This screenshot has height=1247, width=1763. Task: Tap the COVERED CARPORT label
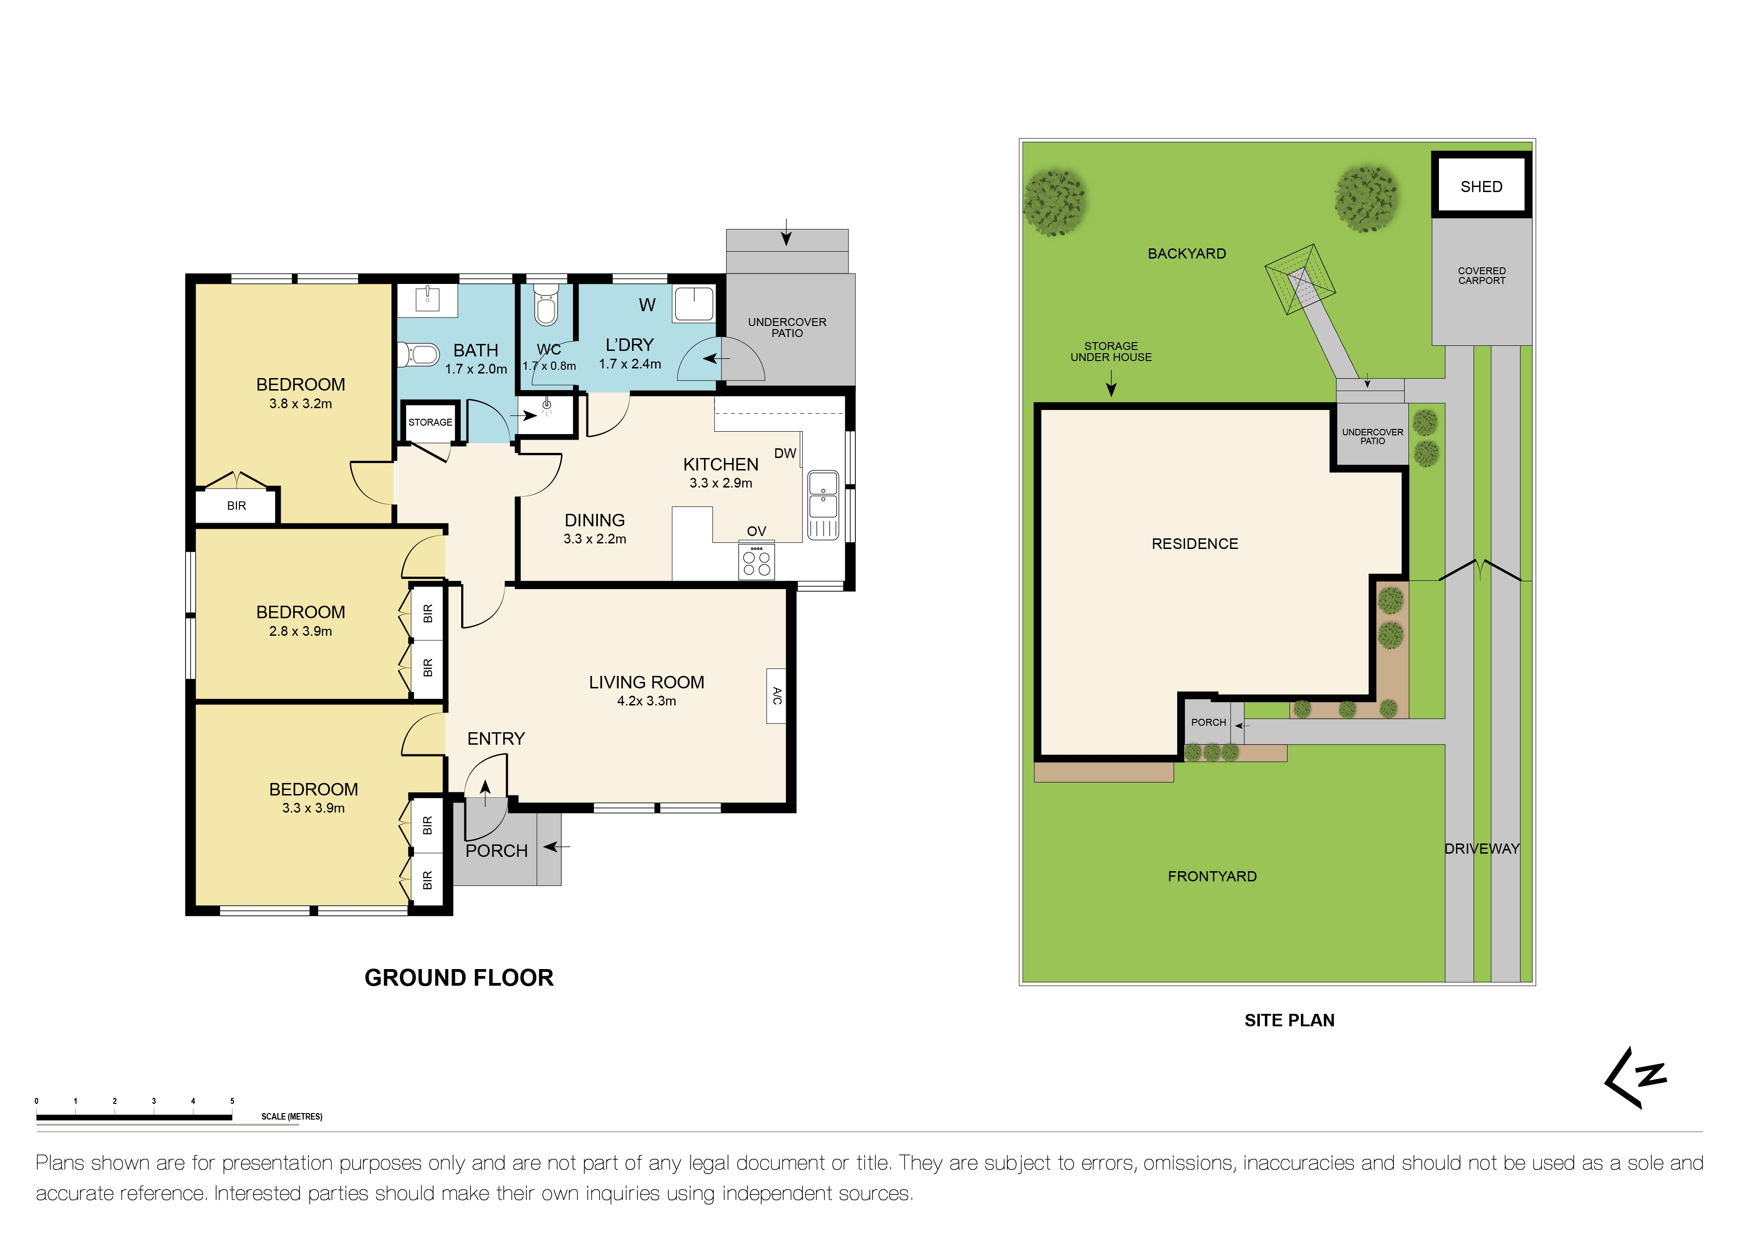[x=1481, y=276]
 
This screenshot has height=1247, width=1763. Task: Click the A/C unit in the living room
[x=776, y=696]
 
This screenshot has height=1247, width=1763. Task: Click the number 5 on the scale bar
[x=232, y=1101]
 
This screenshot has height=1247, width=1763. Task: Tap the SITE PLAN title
[x=1289, y=1020]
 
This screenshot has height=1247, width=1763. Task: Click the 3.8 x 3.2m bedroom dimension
[x=300, y=404]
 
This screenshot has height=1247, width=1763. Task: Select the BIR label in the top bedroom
[x=236, y=506]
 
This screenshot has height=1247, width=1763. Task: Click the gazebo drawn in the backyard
[x=1300, y=279]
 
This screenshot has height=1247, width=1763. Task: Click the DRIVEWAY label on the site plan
[x=1481, y=849]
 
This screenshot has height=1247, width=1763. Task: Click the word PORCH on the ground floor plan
[x=496, y=851]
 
